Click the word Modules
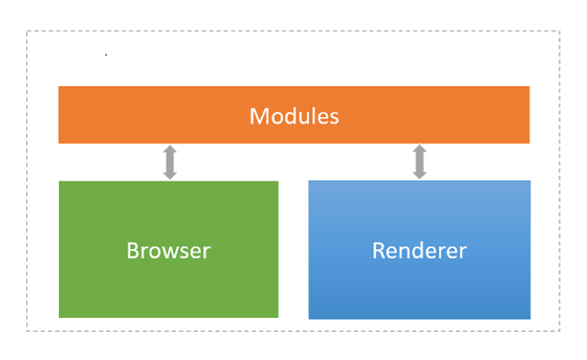[294, 116]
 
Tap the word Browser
[168, 250]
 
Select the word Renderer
[419, 250]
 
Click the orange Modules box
[294, 115]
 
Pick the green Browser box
[168, 249]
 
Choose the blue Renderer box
[419, 250]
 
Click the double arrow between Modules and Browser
[170, 162]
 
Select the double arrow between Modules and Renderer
[420, 161]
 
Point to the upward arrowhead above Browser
[170, 149]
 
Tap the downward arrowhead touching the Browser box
[170, 175]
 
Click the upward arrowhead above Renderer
[420, 149]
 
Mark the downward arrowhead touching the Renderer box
[420, 175]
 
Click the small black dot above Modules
[106, 55]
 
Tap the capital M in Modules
[258, 116]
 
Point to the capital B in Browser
[133, 250]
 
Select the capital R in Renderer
[378, 250]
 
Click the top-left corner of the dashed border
[27, 31]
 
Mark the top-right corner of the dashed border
[560, 31]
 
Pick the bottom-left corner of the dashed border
[27, 331]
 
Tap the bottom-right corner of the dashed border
[560, 331]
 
